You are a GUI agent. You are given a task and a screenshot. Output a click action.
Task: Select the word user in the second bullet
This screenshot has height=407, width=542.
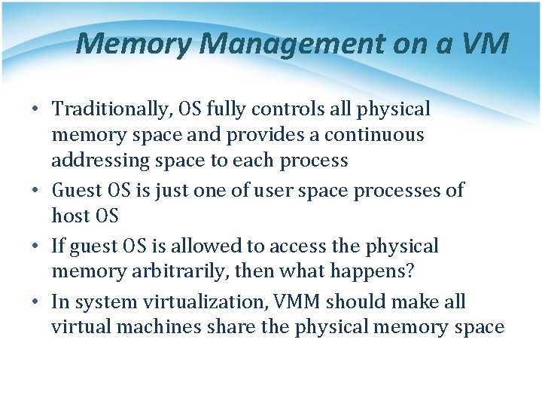tap(273, 191)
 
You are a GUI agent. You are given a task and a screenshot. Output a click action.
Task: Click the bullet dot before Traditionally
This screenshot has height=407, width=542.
tap(35, 110)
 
